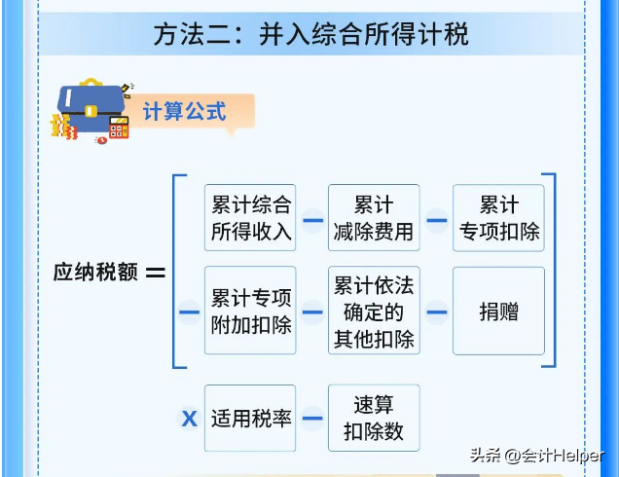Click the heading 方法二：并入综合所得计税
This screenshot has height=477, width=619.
point(310,35)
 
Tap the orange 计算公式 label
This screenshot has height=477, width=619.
point(185,111)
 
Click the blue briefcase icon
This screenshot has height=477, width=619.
point(89,102)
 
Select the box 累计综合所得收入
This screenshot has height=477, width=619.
point(250,218)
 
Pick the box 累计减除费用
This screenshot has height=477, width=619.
point(374,218)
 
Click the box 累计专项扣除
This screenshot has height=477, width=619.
point(498,218)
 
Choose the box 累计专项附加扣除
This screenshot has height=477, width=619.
point(250,312)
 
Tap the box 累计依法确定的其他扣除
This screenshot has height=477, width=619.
point(374,312)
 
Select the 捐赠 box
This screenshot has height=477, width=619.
point(498,312)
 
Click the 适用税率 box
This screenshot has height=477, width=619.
point(250,419)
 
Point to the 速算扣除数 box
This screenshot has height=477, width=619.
point(374,419)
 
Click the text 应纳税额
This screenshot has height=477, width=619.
point(94,272)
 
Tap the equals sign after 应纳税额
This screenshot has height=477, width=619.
point(155,273)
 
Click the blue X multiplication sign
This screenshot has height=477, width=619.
point(190,419)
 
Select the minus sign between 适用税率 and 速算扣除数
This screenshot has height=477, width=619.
point(311,419)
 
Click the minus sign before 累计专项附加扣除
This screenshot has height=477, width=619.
point(189,312)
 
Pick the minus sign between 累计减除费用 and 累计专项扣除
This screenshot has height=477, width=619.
point(436,219)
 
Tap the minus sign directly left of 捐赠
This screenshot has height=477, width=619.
point(436,312)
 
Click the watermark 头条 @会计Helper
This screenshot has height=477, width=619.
point(536,455)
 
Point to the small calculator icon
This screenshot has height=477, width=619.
point(119,128)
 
